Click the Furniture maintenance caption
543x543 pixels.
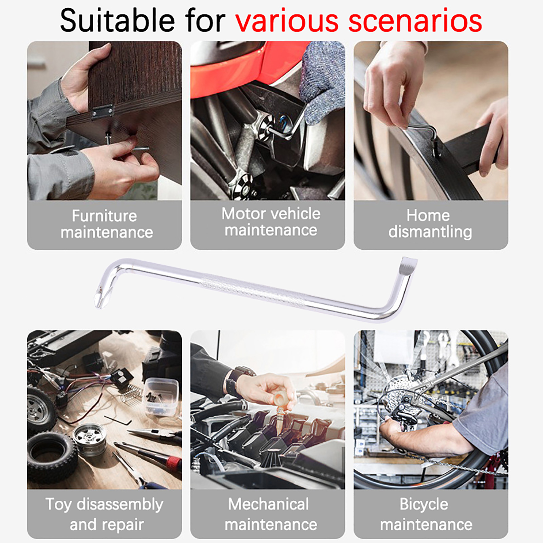click(x=106, y=224)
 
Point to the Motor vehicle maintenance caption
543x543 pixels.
click(x=271, y=222)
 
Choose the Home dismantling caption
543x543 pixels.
click(x=430, y=224)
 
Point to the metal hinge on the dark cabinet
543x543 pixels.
click(x=102, y=112)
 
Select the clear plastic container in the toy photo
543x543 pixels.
click(x=161, y=397)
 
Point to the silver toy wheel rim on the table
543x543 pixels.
click(x=90, y=439)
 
